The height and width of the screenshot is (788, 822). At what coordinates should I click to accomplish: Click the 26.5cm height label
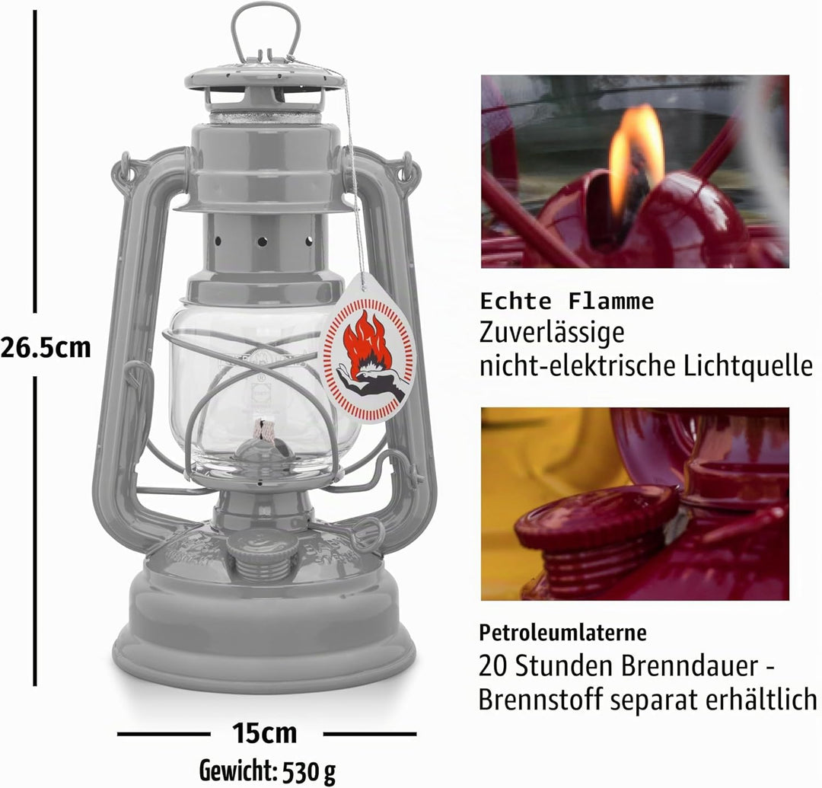point(46,348)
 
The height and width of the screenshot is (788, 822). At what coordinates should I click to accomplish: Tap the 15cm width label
point(265,733)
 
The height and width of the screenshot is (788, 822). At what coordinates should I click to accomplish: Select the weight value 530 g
point(309,770)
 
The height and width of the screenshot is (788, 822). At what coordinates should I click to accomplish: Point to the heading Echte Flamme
point(567,301)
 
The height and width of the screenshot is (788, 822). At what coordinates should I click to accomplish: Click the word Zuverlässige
point(552,333)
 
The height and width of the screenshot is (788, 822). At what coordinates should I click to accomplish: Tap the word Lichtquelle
point(748,365)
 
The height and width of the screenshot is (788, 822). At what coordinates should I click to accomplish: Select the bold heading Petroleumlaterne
point(562,632)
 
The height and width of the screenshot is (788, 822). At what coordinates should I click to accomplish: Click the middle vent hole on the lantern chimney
point(262,241)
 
